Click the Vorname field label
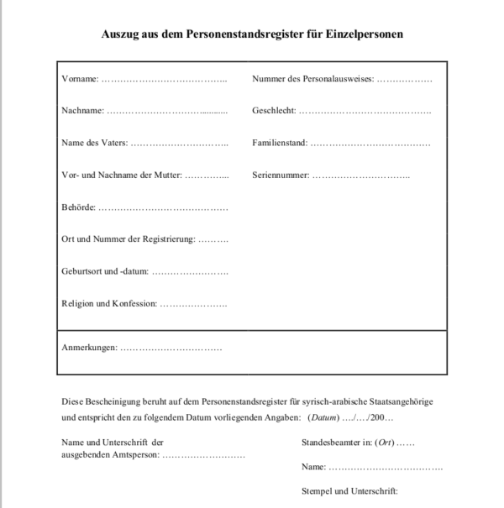(80, 80)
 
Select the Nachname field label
(82, 111)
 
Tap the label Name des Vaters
(94, 143)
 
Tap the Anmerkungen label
(89, 348)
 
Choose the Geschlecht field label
(273, 111)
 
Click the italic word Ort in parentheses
(385, 443)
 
